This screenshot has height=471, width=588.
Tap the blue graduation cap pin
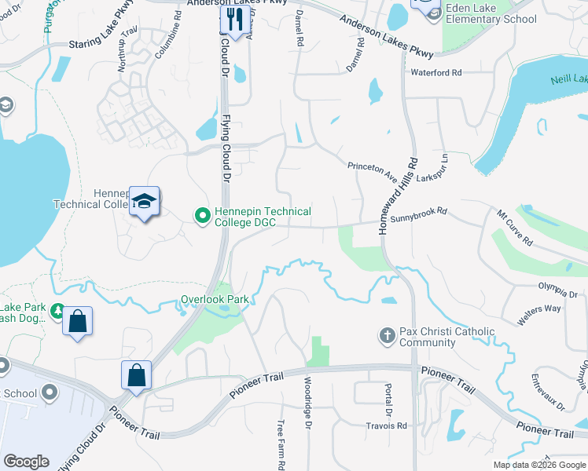tap(145, 203)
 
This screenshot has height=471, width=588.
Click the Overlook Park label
tap(215, 299)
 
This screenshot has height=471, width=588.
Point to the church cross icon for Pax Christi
tap(386, 336)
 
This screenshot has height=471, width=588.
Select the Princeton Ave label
tap(374, 170)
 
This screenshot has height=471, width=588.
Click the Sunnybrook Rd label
tap(418, 212)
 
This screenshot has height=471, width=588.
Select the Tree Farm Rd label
tap(280, 444)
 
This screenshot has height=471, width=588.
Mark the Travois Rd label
tap(386, 425)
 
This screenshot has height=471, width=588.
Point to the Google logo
tap(27, 462)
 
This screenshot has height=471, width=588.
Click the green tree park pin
tap(57, 312)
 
